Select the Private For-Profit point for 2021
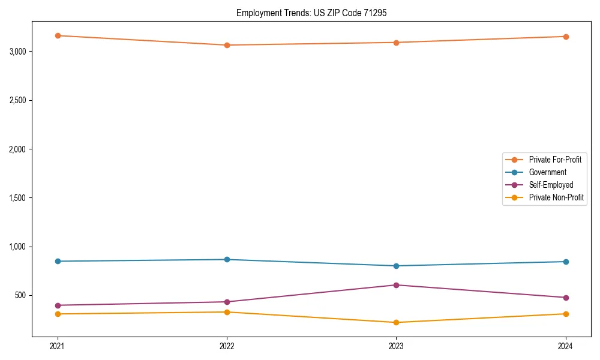tap(58, 35)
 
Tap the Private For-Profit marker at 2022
tap(227, 45)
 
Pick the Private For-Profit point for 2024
tap(566, 37)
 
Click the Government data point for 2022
tap(227, 259)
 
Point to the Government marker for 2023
tap(397, 266)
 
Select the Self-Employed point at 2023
tap(397, 285)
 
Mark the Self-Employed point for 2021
tap(58, 305)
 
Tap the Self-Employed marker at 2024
tap(566, 298)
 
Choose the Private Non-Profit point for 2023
tap(397, 322)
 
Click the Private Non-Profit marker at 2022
tap(227, 312)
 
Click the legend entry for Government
tap(547, 172)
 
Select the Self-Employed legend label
tap(551, 185)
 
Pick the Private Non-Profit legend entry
tap(556, 197)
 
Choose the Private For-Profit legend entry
tap(555, 160)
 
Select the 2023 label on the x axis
tap(397, 346)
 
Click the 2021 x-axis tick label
tap(58, 346)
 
